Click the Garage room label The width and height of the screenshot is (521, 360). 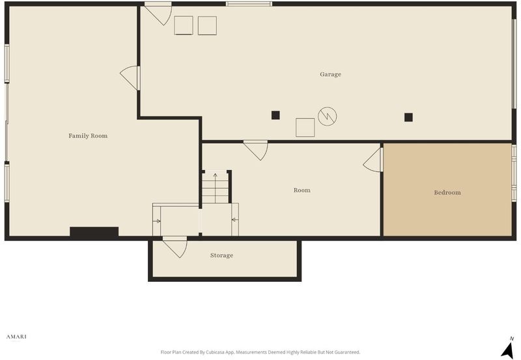[330, 74]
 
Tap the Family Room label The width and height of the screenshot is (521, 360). [88, 135]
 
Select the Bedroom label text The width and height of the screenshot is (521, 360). [447, 192]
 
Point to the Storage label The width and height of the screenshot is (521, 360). [221, 255]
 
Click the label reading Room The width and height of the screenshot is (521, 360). [302, 190]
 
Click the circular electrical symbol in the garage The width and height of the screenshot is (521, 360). [328, 117]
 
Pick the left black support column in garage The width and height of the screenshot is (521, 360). [275, 115]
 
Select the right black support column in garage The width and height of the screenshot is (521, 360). [408, 117]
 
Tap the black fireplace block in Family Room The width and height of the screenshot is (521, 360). [94, 232]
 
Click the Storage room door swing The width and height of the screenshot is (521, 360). [175, 247]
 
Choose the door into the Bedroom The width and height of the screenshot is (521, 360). [373, 159]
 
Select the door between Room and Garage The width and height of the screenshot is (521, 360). [256, 150]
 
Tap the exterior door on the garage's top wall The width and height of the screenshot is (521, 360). [158, 14]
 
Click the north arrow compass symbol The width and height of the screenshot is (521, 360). [507, 348]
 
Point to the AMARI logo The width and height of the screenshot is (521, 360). [16, 337]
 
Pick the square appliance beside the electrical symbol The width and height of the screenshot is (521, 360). [305, 127]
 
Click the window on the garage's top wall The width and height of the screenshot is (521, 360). [249, 4]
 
